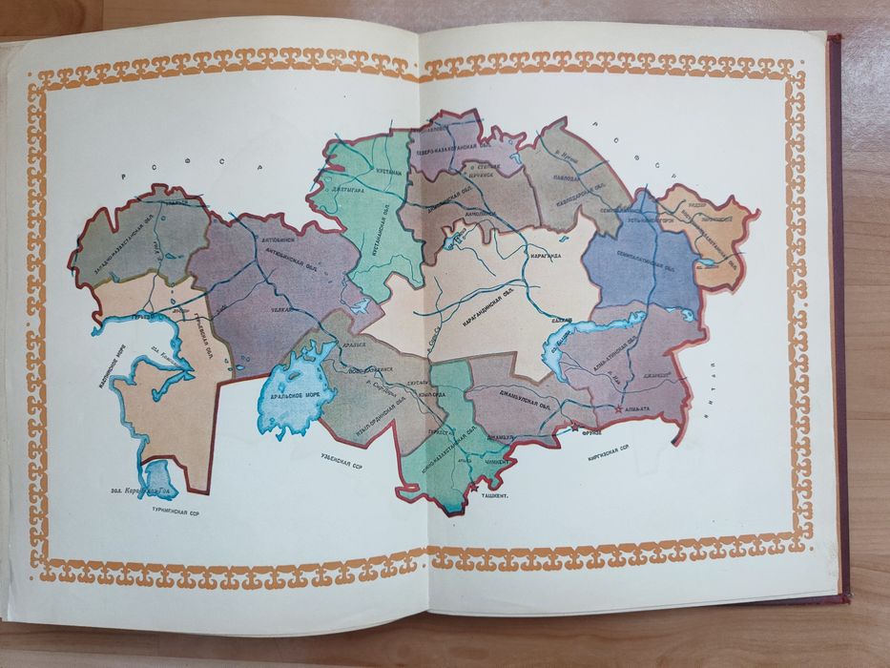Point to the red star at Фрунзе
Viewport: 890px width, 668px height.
pos(574,428)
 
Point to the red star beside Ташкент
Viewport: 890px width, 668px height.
pos(474,488)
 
